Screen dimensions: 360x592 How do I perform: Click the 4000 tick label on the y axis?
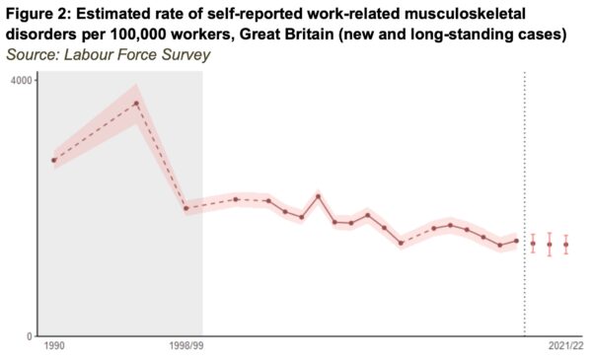(24, 79)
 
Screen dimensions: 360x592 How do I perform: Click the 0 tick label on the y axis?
(31, 336)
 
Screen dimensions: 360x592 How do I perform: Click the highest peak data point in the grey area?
(136, 104)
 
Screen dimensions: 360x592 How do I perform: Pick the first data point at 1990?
(54, 160)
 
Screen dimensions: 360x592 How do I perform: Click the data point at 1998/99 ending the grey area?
(185, 208)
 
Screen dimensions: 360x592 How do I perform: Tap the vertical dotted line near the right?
(524, 197)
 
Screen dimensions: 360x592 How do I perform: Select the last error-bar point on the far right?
(566, 244)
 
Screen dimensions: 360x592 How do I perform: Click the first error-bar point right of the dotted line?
(533, 243)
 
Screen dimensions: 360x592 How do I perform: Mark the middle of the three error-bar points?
(550, 244)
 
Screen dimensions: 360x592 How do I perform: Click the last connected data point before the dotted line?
(516, 241)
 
